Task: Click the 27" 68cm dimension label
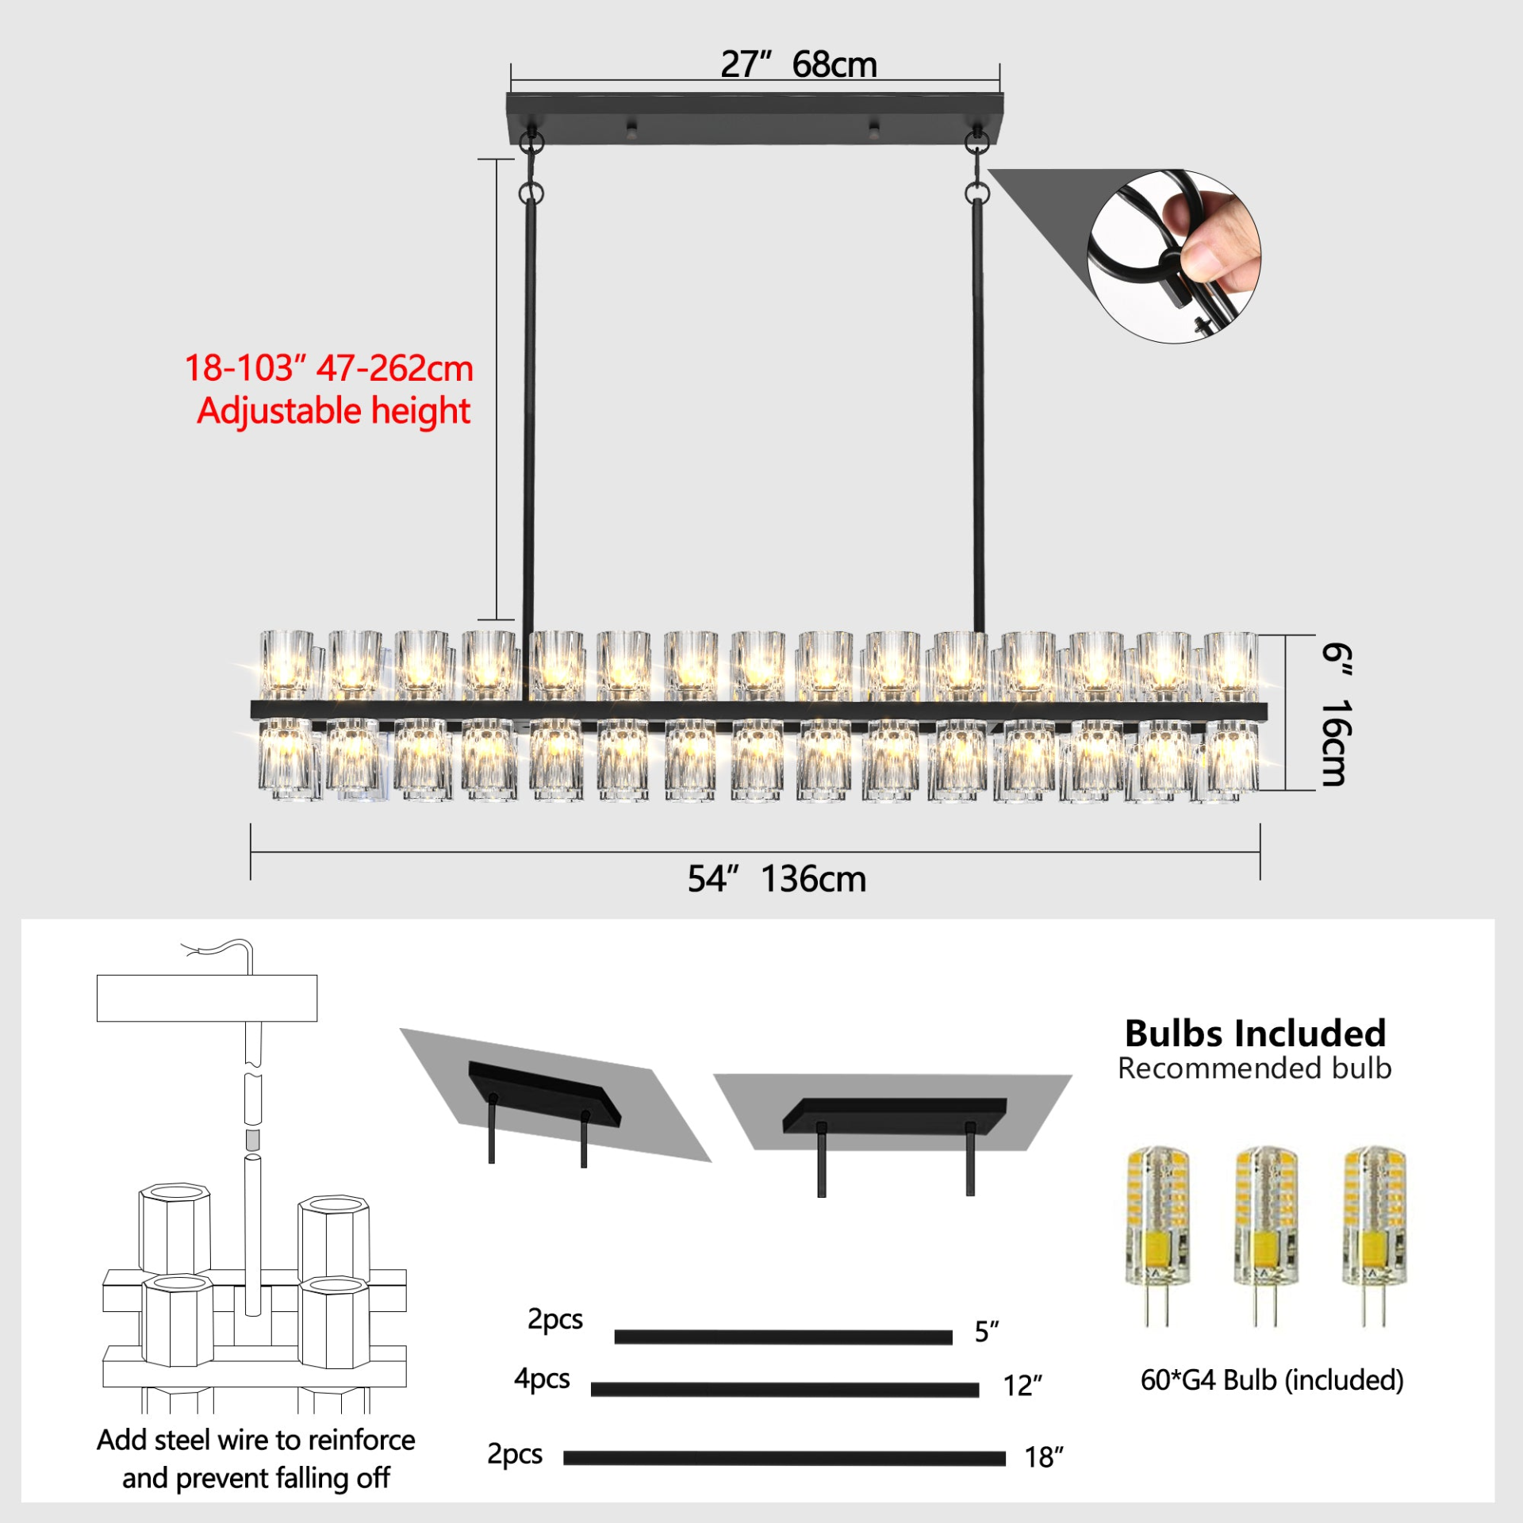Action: point(799,64)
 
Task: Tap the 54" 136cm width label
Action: point(777,879)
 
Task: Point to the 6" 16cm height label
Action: point(1337,714)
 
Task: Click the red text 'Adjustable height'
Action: point(333,412)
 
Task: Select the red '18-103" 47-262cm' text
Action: point(328,368)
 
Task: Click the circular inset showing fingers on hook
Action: point(1174,256)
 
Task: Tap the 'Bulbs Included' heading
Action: point(1255,1034)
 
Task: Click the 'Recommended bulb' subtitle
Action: point(1255,1068)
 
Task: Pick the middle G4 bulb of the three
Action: point(1266,1235)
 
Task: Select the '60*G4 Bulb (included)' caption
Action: point(1272,1380)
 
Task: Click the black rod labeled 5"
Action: point(783,1337)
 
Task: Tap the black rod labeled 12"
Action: point(785,1390)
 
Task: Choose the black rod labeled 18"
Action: point(785,1458)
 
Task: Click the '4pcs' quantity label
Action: point(542,1379)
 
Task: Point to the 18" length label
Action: point(1044,1457)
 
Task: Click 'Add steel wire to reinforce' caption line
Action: point(255,1440)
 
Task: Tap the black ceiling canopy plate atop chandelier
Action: point(755,118)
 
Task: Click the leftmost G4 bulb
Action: point(1157,1235)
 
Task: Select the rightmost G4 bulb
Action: point(1374,1235)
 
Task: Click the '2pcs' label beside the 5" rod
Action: point(555,1319)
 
